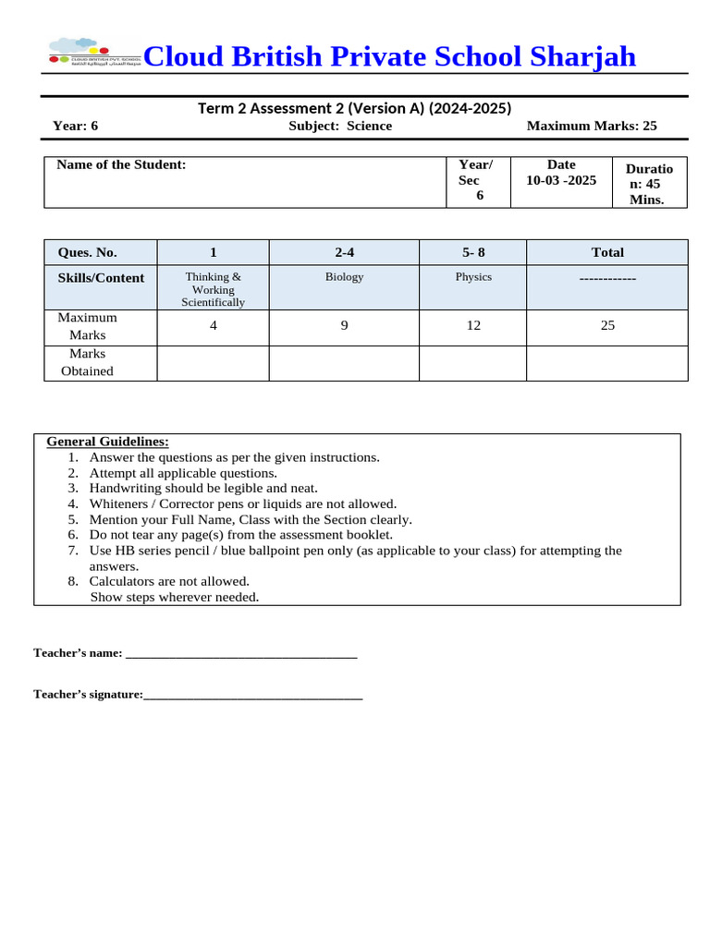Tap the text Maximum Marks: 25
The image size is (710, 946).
point(592,126)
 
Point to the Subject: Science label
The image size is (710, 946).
point(340,126)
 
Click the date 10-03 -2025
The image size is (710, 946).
point(561,180)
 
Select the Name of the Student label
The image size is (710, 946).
point(121,164)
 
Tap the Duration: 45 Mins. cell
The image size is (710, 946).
point(649,184)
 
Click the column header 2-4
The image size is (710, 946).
point(344,252)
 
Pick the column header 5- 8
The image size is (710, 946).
point(473,252)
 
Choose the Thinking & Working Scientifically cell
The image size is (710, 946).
point(213,289)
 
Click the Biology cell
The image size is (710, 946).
point(344,276)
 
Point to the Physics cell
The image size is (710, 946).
point(473,276)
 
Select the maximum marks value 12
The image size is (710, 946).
point(473,325)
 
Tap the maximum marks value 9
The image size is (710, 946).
point(344,325)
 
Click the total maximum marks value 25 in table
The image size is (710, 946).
point(607,325)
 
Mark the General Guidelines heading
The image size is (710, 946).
point(107,442)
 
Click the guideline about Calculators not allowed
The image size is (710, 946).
point(169,581)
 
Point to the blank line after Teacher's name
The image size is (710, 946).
point(240,653)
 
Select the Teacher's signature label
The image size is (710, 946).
point(88,694)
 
